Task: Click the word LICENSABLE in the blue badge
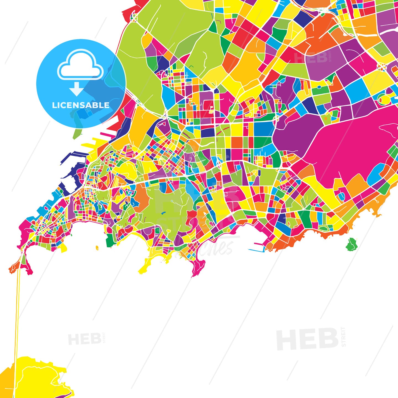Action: [81, 105]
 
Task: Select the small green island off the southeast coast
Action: [351, 244]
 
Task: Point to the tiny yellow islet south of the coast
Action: [97, 248]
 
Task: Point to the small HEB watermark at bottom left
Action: [84, 339]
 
